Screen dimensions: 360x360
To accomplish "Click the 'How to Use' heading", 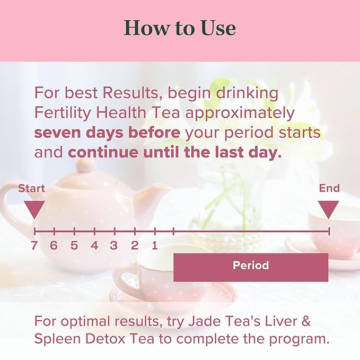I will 180,28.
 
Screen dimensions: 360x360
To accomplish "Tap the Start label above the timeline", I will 31,188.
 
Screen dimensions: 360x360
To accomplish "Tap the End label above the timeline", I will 329,188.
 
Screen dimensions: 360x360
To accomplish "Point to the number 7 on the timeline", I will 34,245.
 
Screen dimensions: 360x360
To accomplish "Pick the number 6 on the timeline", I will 54,245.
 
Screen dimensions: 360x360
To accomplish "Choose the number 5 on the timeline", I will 74,245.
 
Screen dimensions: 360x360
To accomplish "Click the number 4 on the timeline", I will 94,245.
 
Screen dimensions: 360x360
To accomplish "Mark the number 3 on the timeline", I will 114,245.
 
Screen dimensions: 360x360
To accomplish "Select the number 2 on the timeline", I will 135,245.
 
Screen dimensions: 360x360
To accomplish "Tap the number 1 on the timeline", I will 154,245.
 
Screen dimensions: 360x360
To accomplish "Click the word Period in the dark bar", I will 251,266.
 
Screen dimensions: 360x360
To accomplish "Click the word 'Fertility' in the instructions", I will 62,113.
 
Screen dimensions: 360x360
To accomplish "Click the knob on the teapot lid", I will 85,165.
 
